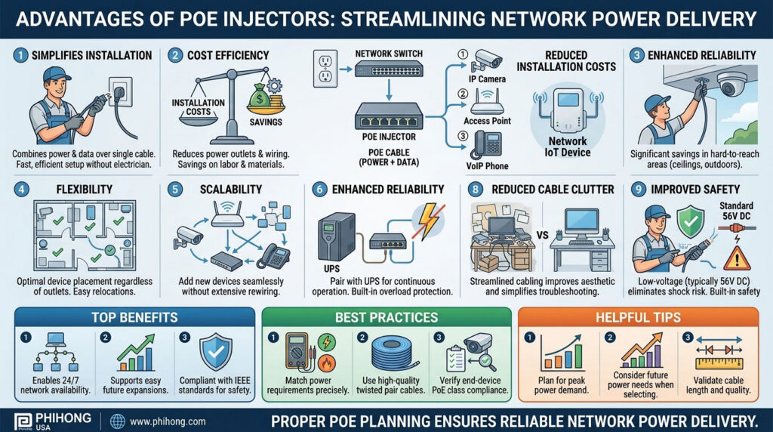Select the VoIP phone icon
tap(488, 143)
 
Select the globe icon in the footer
tap(117, 421)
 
